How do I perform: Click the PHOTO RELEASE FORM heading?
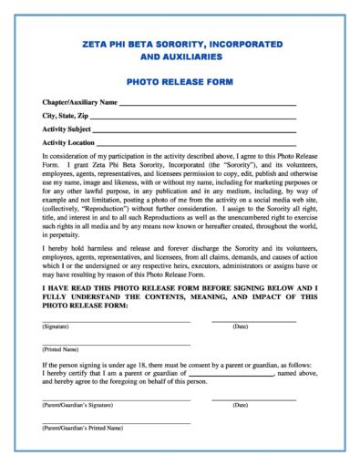[180, 81]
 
